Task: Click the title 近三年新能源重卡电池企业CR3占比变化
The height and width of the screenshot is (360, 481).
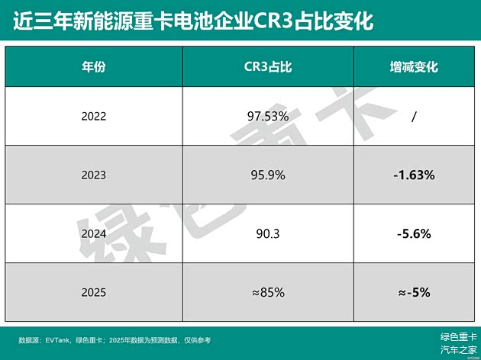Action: [x=193, y=21]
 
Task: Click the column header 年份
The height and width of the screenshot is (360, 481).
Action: [x=93, y=66]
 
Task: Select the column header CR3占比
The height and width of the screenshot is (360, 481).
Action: [x=263, y=66]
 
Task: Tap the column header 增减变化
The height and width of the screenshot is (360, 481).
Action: [x=414, y=66]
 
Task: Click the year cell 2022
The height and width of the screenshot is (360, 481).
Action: [x=93, y=117]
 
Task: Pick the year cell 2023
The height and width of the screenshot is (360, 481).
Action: [x=93, y=175]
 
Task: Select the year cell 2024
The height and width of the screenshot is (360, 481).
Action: [x=93, y=233]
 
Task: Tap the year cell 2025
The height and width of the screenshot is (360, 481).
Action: [x=93, y=291]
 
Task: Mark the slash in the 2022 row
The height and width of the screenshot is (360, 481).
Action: [x=413, y=117]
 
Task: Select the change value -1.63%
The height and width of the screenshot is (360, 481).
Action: [x=414, y=175]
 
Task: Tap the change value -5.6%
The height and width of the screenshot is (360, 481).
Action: [x=414, y=233]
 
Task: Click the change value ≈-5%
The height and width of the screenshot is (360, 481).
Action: [x=414, y=291]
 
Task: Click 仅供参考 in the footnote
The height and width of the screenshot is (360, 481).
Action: [x=195, y=339]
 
